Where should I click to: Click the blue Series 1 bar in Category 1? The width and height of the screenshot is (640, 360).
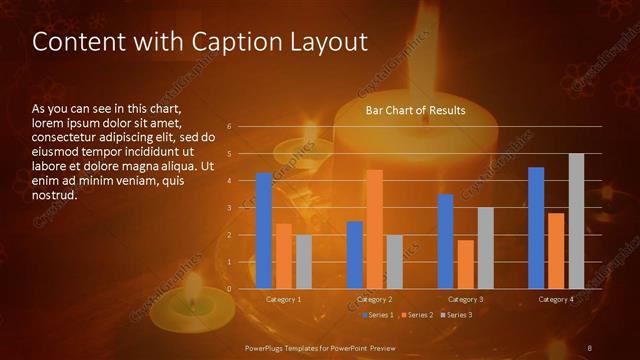[264, 231]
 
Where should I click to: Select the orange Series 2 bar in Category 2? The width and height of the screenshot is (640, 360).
[374, 229]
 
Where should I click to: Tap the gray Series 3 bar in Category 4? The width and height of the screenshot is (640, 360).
[576, 221]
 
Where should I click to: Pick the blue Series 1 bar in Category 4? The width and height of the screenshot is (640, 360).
[536, 228]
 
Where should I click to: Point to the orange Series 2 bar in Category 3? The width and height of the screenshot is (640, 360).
[465, 264]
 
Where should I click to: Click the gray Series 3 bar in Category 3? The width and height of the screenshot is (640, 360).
[485, 248]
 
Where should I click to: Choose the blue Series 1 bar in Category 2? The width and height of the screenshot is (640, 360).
[354, 255]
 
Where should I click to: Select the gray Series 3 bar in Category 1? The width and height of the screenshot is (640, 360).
[303, 262]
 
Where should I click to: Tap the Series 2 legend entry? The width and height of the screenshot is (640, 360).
[417, 315]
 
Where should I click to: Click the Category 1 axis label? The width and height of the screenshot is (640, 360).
[284, 299]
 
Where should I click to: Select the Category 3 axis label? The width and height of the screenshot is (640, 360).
[465, 299]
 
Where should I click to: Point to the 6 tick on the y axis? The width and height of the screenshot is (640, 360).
[230, 127]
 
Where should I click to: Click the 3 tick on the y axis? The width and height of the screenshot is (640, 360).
[230, 208]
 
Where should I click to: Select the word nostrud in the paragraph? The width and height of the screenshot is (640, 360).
[54, 194]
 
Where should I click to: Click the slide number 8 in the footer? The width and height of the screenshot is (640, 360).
[590, 347]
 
